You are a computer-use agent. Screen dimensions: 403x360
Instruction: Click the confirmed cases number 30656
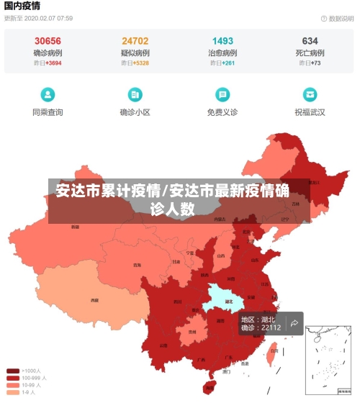pyautogui.click(x=48, y=41)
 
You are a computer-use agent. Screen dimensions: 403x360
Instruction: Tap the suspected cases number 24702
pyautogui.click(x=135, y=41)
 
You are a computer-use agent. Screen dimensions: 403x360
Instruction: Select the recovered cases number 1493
pyautogui.click(x=222, y=41)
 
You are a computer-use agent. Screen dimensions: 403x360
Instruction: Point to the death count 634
pyautogui.click(x=310, y=41)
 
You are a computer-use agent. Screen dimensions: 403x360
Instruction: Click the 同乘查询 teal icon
pyautogui.click(x=48, y=94)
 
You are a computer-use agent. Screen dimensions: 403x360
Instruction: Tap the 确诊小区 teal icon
pyautogui.click(x=135, y=94)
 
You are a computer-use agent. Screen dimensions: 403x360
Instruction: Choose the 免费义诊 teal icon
pyautogui.click(x=222, y=94)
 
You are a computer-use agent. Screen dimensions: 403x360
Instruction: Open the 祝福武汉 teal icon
pyautogui.click(x=310, y=94)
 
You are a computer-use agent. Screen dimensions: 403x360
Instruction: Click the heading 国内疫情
pyautogui.click(x=22, y=6)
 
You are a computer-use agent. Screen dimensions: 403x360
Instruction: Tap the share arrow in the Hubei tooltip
pyautogui.click(x=294, y=323)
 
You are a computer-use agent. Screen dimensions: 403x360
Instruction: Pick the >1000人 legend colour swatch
pyautogui.click(x=13, y=371)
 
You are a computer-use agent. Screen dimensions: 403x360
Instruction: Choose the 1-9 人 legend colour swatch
pyautogui.click(x=13, y=392)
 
